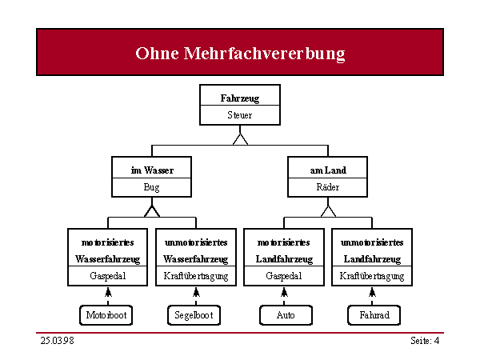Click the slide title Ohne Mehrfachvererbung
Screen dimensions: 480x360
[x=240, y=54]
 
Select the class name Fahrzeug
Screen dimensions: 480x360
[x=240, y=98]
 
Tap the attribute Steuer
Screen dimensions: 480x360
[x=240, y=115]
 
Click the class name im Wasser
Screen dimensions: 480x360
[x=152, y=170]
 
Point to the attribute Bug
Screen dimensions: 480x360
[x=151, y=187]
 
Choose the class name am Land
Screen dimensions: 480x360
[x=328, y=170]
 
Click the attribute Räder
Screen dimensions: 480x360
[x=328, y=186]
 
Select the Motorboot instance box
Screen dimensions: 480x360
[x=106, y=315]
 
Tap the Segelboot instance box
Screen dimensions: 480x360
[x=194, y=315]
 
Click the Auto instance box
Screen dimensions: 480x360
[x=286, y=315]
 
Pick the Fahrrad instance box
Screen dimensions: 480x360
[x=374, y=315]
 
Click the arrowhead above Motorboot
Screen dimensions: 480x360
[x=108, y=292]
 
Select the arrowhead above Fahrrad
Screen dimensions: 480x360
[x=372, y=292]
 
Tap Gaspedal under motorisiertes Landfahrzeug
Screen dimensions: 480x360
[x=284, y=276]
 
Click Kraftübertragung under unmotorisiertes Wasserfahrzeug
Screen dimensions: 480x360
[x=196, y=276]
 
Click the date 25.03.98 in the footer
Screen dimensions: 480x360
[x=58, y=341]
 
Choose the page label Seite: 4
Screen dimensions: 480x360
[x=425, y=341]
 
